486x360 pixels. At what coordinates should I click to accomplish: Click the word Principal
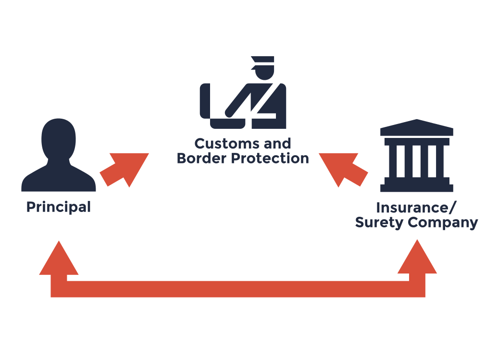[58, 208]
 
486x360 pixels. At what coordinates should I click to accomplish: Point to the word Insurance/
[416, 208]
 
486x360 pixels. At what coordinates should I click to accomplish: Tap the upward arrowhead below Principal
[59, 260]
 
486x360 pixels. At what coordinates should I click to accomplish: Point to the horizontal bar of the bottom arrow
[238, 289]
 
